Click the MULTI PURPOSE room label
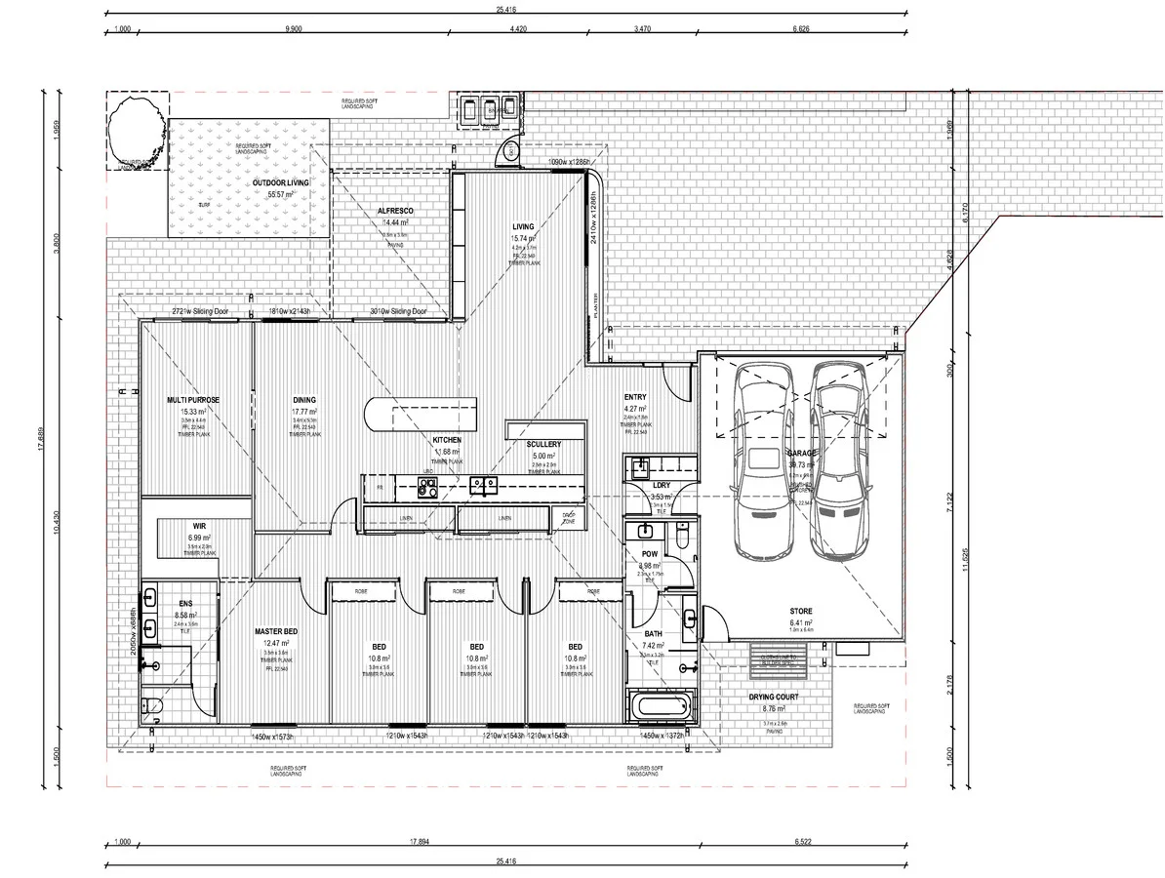pos(192,400)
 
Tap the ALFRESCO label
pos(397,211)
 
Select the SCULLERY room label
pos(543,444)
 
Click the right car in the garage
pos(839,459)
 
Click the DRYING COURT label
pos(773,698)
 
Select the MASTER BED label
pos(276,632)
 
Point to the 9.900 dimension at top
pos(294,29)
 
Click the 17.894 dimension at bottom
pos(420,841)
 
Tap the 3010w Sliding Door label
pos(398,312)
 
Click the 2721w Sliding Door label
pos(200,312)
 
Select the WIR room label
pos(199,525)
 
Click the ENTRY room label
pos(635,397)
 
